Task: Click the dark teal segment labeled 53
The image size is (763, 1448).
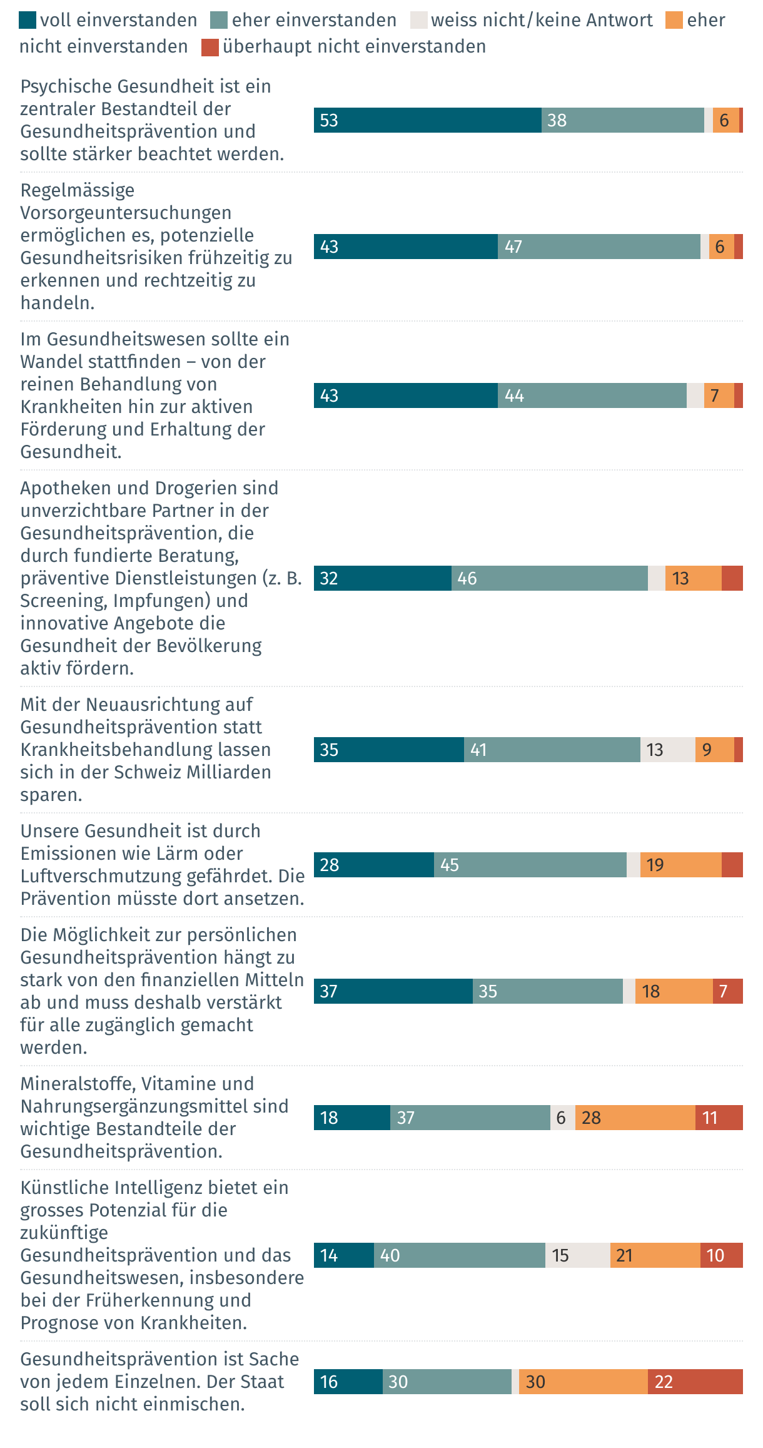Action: [x=427, y=120]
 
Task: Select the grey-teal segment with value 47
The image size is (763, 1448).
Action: [x=599, y=247]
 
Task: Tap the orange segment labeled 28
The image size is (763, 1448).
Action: [x=635, y=1118]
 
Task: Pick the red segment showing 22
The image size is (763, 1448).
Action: [x=695, y=1382]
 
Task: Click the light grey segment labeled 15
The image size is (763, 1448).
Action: [x=577, y=1255]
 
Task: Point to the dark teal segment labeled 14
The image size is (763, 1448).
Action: [x=343, y=1255]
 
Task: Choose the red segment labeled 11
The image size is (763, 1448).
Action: [x=719, y=1118]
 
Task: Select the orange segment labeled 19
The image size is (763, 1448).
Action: [x=680, y=865]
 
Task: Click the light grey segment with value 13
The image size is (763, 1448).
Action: [x=667, y=750]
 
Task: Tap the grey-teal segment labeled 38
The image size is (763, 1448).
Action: [x=622, y=120]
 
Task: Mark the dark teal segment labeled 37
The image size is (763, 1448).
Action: [x=393, y=991]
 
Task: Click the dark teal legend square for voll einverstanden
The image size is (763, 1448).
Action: [x=28, y=21]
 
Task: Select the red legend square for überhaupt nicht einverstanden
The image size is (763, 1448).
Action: [x=210, y=48]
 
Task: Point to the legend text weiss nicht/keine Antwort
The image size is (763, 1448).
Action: [x=542, y=21]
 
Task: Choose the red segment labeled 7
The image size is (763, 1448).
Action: [x=727, y=991]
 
